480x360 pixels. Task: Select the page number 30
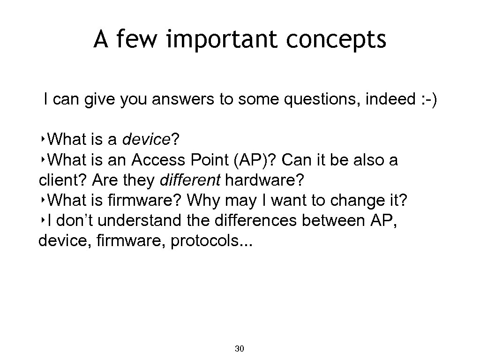(x=239, y=349)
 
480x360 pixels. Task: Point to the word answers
(x=181, y=100)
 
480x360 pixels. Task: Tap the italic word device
(x=146, y=140)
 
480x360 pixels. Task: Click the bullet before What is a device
(x=43, y=140)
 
